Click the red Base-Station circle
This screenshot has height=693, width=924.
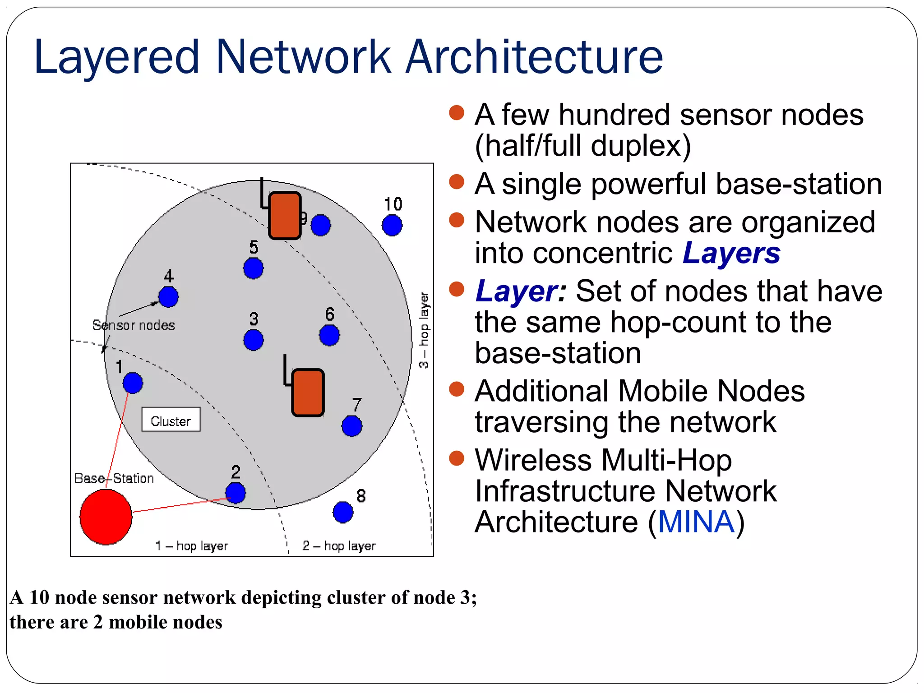[106, 517]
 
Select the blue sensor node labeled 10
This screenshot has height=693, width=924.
[392, 225]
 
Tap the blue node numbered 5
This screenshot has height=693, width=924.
[253, 268]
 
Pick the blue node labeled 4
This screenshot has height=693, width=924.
[168, 297]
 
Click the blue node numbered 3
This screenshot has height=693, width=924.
[253, 340]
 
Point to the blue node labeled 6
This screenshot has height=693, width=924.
[329, 335]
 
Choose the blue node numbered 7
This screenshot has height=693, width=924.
[351, 426]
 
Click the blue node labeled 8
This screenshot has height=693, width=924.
[343, 512]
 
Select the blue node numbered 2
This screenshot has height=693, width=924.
[236, 493]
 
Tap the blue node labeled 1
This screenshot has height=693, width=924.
[133, 383]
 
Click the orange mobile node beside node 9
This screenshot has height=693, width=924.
[285, 216]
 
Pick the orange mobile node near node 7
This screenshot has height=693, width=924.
[308, 393]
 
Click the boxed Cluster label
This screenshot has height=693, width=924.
[171, 420]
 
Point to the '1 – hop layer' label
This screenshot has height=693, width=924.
[192, 546]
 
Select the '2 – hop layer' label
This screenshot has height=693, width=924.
[339, 546]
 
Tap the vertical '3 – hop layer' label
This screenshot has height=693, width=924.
[424, 330]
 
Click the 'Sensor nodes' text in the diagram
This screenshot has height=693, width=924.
[134, 325]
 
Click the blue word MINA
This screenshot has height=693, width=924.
[696, 522]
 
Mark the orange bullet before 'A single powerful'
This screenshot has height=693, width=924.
[457, 182]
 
